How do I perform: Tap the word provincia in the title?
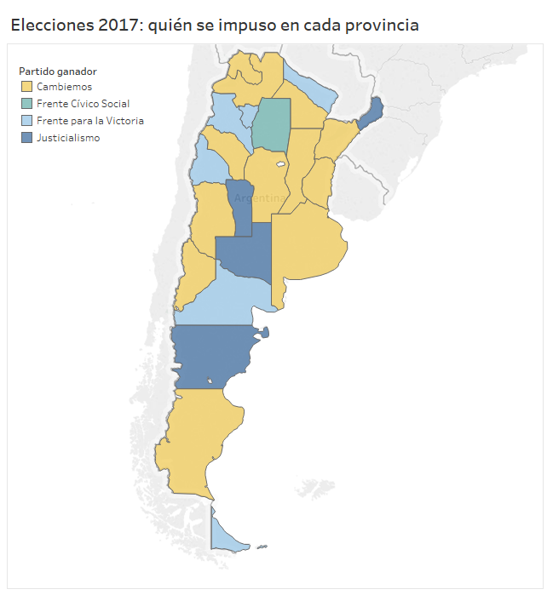[x=378, y=26]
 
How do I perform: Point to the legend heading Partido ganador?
[x=58, y=71]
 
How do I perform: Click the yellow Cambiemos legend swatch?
[x=27, y=87]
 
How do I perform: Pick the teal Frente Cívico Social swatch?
[x=27, y=104]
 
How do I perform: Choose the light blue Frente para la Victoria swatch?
[x=27, y=121]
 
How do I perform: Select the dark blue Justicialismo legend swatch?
[x=27, y=138]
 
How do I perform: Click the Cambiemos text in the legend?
[x=64, y=87]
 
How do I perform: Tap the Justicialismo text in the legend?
[x=68, y=138]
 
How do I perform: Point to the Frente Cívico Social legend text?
[x=83, y=104]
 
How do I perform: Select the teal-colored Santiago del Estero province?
[x=272, y=124]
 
